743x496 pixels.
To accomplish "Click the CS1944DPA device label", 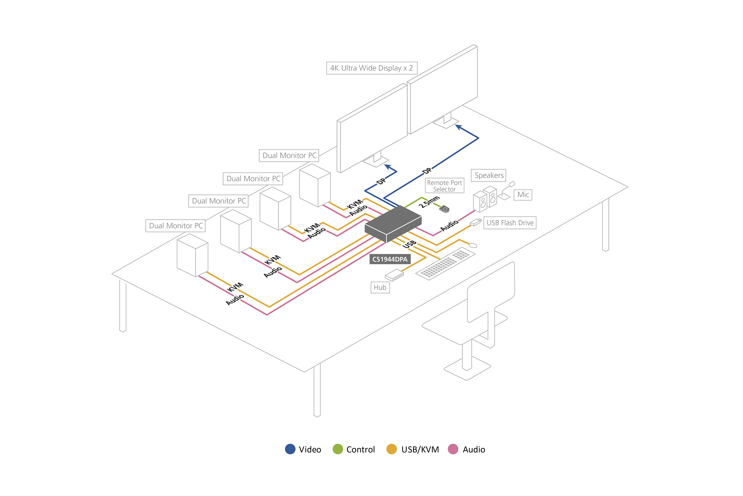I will tap(390, 259).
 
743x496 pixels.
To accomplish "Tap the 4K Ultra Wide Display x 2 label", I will tap(371, 68).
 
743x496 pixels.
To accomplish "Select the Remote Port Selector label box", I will tap(445, 186).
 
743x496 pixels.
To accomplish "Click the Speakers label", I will tap(489, 175).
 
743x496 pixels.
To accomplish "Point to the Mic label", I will tap(523, 195).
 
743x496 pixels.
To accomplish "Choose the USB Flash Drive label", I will tap(510, 223).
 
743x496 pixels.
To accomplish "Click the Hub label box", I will tap(380, 288).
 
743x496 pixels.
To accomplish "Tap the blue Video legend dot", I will tap(290, 449).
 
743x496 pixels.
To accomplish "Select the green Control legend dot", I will tap(338, 449).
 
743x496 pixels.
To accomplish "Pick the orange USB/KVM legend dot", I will tap(391, 449).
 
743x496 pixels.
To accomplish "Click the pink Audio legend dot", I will tap(453, 449).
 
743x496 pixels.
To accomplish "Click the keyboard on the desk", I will tap(445, 263).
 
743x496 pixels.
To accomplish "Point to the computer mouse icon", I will tap(473, 246).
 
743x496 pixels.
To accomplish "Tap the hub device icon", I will tap(394, 275).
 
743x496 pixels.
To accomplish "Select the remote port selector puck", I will tap(445, 209).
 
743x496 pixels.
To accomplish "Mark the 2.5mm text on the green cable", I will tap(429, 202).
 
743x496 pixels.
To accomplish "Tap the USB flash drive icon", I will tap(476, 222).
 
